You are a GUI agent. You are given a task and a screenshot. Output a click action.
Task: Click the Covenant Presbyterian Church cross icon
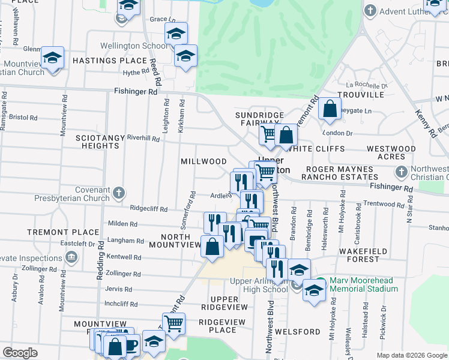(x=119, y=193)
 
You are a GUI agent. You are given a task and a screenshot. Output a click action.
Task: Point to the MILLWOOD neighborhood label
(x=204, y=162)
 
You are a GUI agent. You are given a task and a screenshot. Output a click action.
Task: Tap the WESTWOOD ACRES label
(x=391, y=152)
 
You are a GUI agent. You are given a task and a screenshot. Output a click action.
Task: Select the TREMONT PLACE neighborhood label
(x=71, y=232)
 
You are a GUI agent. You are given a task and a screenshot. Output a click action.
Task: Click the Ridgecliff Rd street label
(x=149, y=208)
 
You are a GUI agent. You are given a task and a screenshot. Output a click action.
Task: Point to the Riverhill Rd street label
(x=143, y=138)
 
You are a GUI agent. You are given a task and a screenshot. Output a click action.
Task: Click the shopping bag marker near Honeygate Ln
(x=330, y=109)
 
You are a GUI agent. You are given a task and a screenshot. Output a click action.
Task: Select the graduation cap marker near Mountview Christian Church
(x=53, y=58)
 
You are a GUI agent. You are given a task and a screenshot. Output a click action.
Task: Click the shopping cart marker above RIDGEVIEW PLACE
(x=173, y=324)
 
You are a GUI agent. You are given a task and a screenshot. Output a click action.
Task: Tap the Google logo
(x=20, y=353)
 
